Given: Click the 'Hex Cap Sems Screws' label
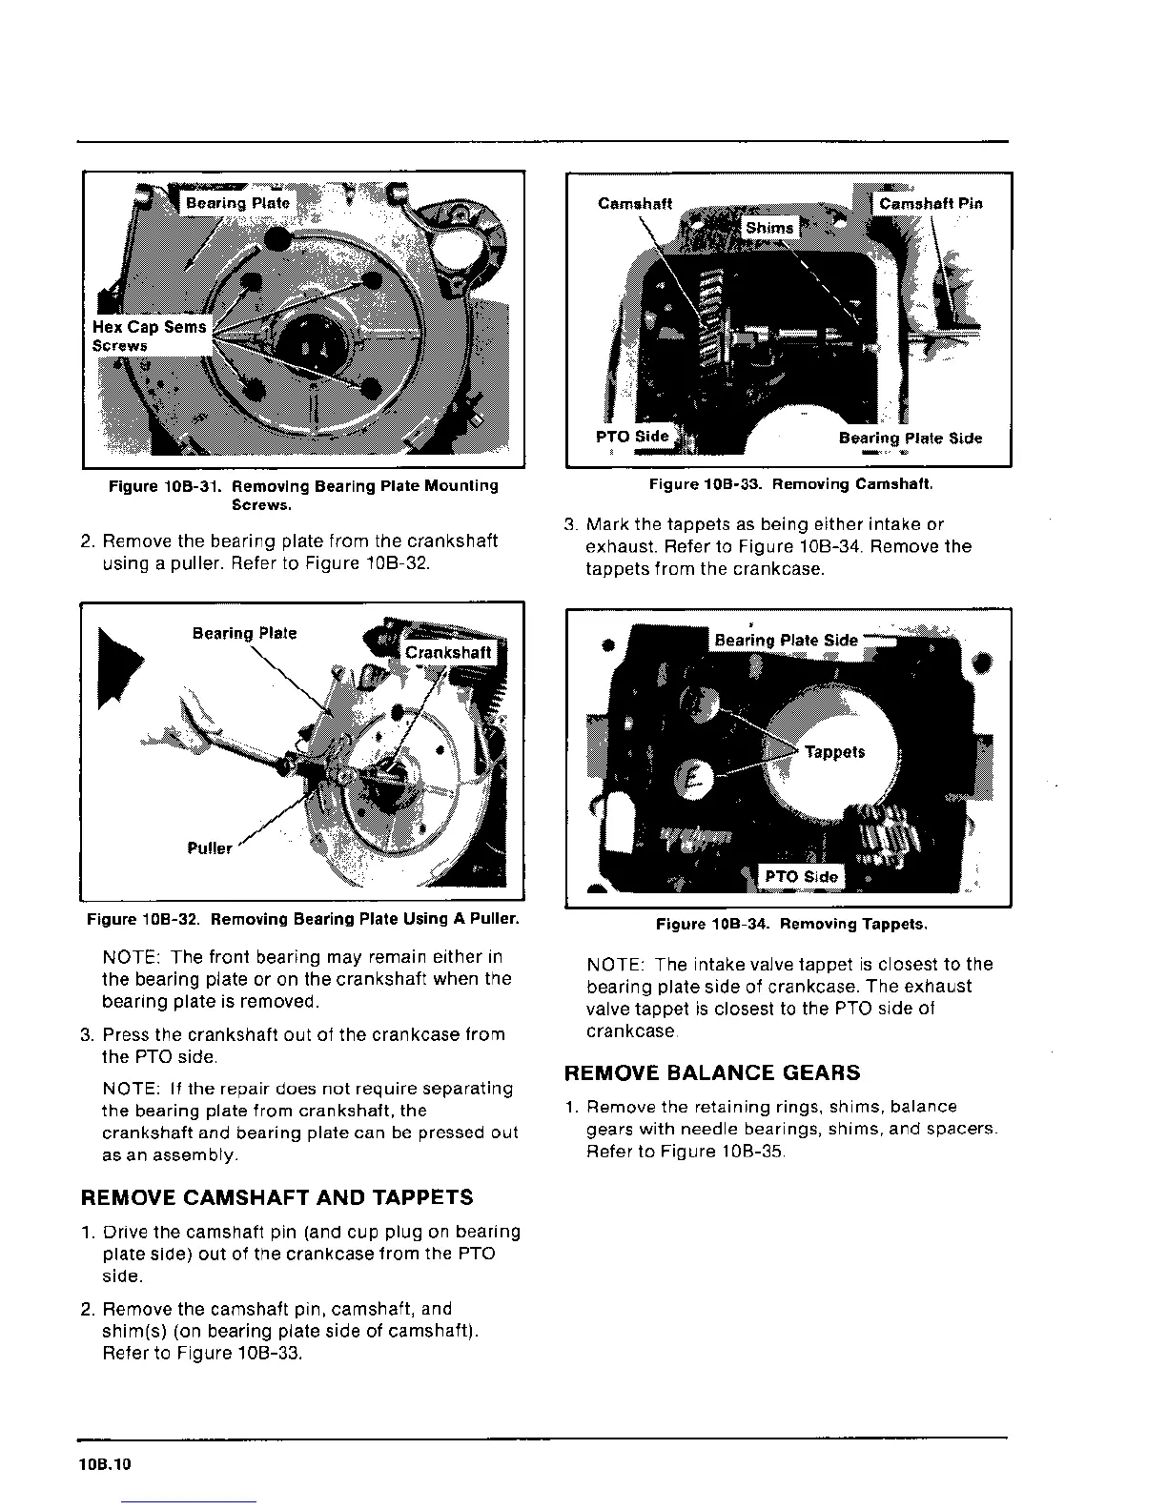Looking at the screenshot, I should point(149,336).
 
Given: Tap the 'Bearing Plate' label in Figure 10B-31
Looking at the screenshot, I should point(237,203).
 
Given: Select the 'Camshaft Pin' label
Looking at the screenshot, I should point(930,203).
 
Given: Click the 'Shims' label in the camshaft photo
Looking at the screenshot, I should point(768,228).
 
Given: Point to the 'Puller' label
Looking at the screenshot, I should point(210,848).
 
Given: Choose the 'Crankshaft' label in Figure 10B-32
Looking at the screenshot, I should point(448,652).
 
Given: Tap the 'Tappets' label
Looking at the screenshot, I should point(834,752).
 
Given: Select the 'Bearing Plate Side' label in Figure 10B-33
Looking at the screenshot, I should point(910,438).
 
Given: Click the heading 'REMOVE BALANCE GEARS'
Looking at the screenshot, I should point(712,1073).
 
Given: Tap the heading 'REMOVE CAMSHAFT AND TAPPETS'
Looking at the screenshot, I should point(276,1197).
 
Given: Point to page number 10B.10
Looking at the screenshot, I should point(105,1465).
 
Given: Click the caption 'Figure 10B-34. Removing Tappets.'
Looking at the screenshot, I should point(791,924).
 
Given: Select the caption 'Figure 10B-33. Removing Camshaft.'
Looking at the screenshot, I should point(790,484).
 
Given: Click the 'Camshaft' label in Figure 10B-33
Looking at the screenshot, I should point(635,203).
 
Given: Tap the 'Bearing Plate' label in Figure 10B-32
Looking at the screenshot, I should point(244,633).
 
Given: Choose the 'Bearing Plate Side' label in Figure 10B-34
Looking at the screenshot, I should point(786,640).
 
